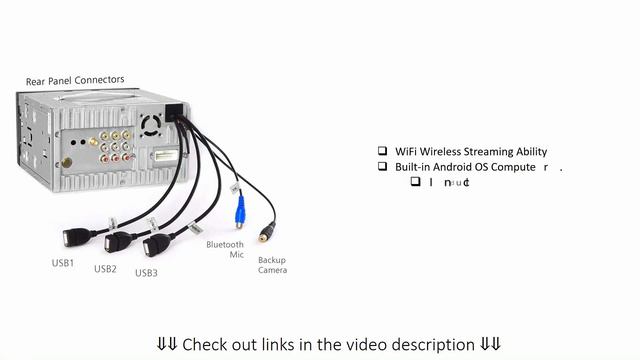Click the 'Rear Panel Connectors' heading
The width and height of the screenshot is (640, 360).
click(x=75, y=80)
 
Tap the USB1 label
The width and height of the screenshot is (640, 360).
click(x=63, y=263)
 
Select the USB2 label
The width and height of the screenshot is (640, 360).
click(x=105, y=269)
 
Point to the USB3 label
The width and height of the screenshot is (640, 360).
click(x=146, y=273)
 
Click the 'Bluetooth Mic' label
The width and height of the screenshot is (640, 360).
click(x=225, y=249)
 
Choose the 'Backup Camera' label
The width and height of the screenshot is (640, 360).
click(x=272, y=264)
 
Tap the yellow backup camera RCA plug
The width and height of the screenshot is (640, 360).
click(x=265, y=234)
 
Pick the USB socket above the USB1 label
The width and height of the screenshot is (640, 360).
click(x=76, y=237)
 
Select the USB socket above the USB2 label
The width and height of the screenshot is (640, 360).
click(x=118, y=241)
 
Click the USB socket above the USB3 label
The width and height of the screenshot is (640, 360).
click(x=156, y=245)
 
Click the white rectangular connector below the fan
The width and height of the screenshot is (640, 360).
click(x=163, y=157)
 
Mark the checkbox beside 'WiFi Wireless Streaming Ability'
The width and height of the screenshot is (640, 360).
click(x=382, y=151)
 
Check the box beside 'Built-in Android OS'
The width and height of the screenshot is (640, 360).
click(x=382, y=166)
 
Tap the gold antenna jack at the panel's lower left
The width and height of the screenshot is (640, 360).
click(x=67, y=162)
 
